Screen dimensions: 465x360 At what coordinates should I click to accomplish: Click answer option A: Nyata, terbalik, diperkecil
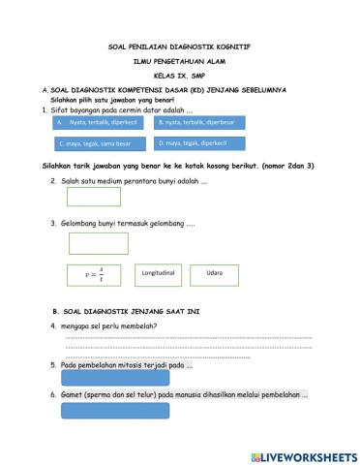tap(99, 123)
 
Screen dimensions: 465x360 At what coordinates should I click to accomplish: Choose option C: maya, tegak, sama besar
tap(99, 143)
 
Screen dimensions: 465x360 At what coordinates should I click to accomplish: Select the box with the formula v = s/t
tap(95, 275)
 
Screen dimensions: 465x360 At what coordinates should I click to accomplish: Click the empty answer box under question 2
tap(94, 197)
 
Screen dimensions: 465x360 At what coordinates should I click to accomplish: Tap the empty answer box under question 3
tap(99, 243)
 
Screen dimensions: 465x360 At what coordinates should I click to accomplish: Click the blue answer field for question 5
tap(107, 379)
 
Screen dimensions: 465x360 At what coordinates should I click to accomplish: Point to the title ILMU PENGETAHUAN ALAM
tap(180, 61)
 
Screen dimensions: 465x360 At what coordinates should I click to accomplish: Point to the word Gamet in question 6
tap(72, 395)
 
